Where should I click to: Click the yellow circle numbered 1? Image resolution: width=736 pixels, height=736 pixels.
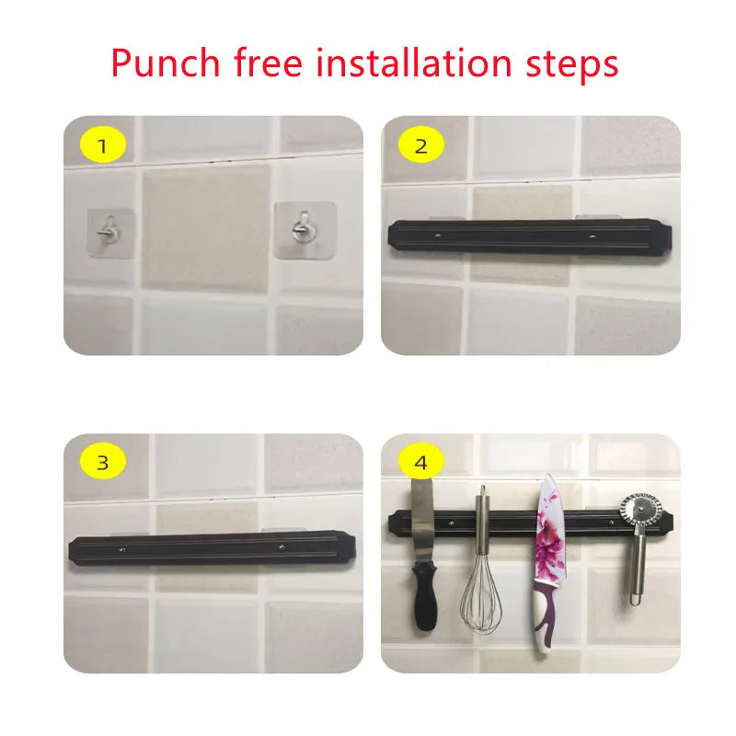click(x=103, y=145)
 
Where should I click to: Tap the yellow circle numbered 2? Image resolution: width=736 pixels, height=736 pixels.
click(x=421, y=145)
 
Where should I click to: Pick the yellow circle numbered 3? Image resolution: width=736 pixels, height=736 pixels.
click(x=103, y=463)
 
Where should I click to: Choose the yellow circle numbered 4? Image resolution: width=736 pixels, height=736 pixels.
click(x=421, y=463)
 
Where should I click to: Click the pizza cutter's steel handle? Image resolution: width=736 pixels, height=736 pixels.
click(x=637, y=566)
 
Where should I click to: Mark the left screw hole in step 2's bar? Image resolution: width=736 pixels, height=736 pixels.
click(x=439, y=236)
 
